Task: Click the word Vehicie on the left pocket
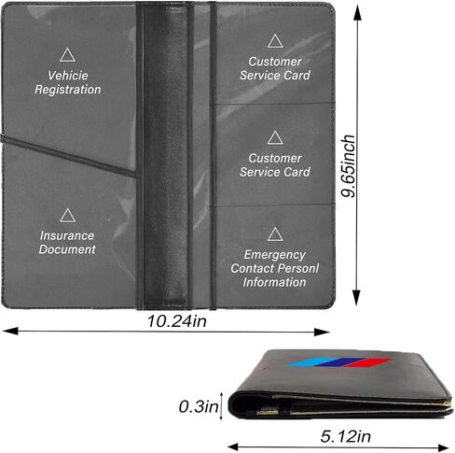click(x=68, y=76)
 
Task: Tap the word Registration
click(x=68, y=90)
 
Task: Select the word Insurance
click(x=67, y=235)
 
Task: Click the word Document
click(x=67, y=249)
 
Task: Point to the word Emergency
click(x=275, y=255)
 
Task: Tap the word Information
click(x=275, y=282)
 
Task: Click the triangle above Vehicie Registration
click(x=67, y=55)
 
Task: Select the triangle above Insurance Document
click(x=67, y=216)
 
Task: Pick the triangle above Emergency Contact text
click(x=275, y=234)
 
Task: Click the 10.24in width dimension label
click(x=177, y=321)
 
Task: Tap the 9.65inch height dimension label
click(x=348, y=166)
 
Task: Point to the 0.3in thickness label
click(x=199, y=406)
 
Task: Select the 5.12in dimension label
click(x=346, y=436)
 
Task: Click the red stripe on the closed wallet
click(x=367, y=363)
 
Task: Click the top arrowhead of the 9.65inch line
click(x=357, y=12)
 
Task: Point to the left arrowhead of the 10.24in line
click(x=10, y=332)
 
